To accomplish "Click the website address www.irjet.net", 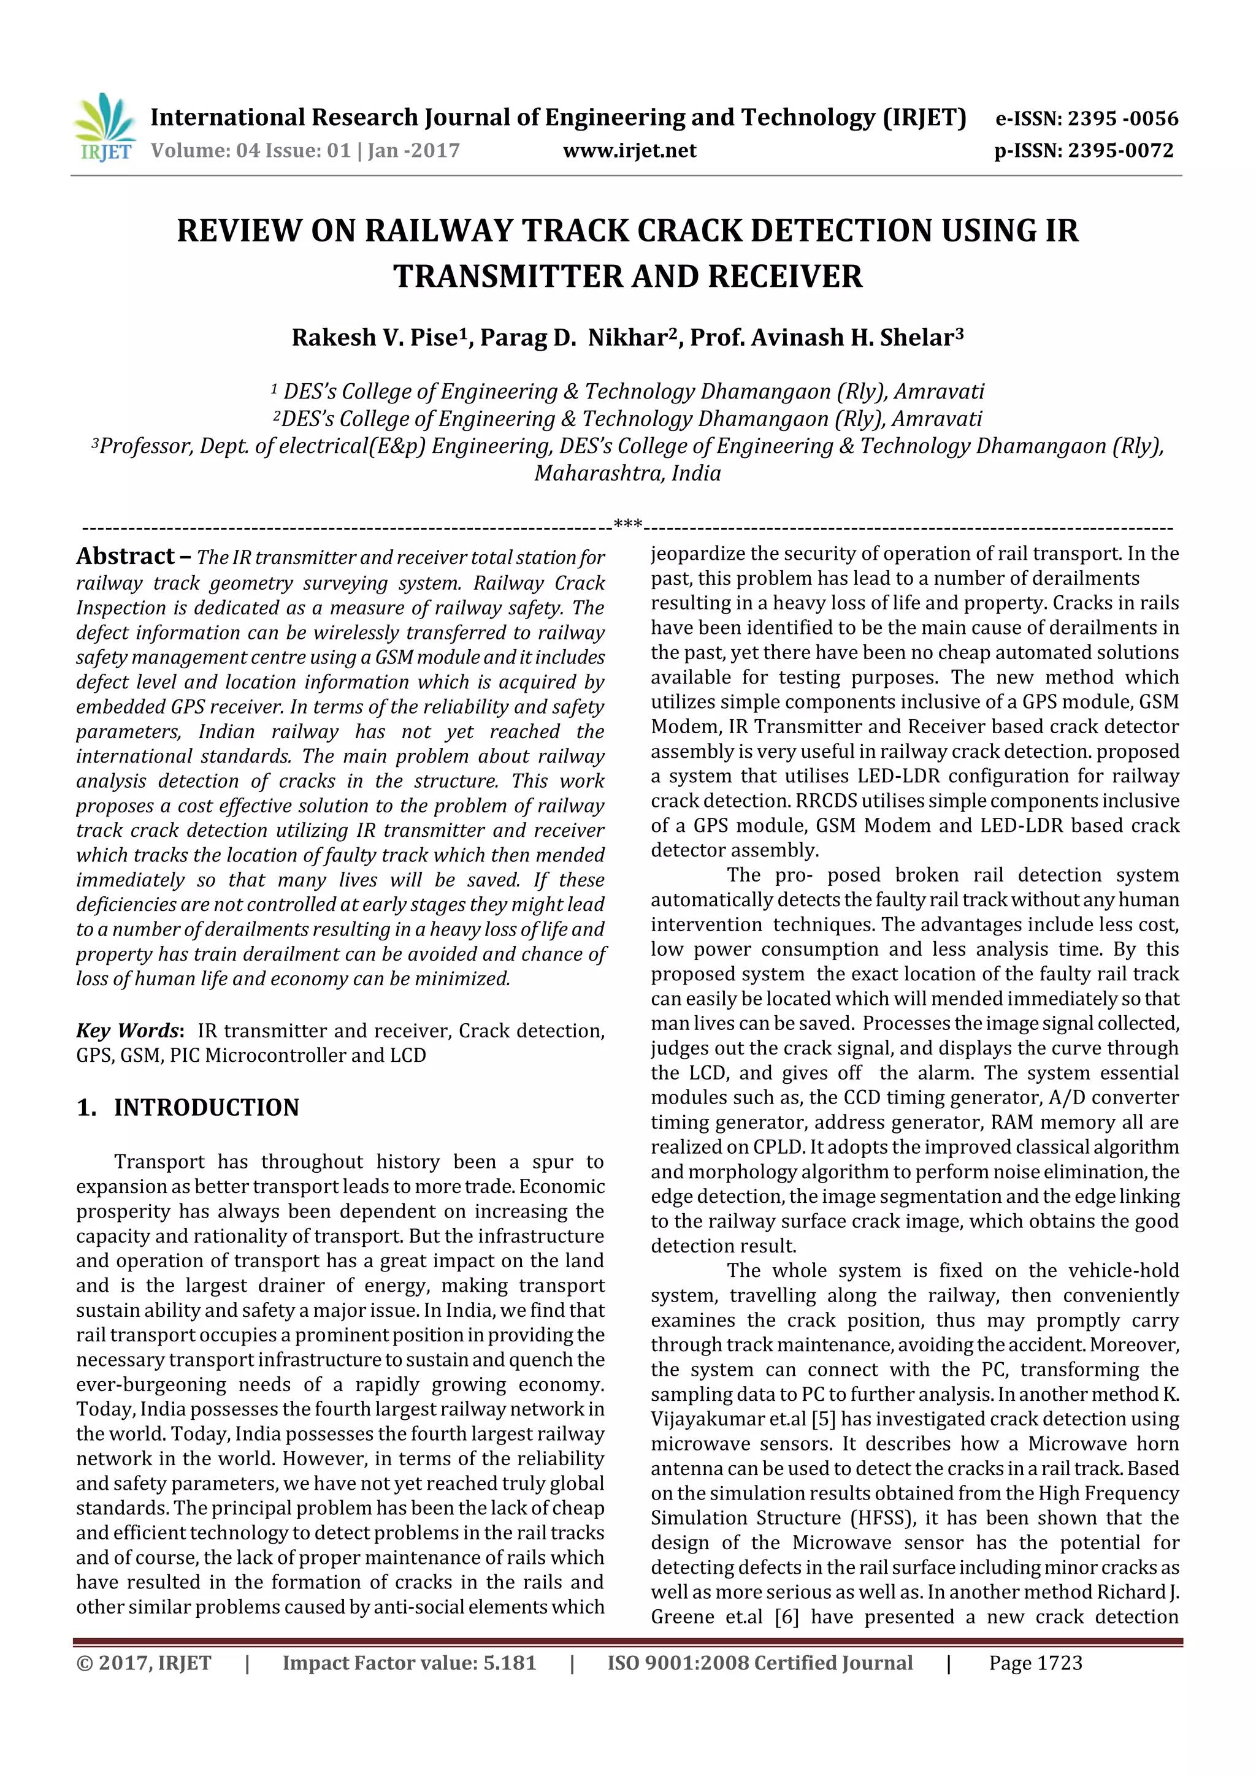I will point(629,151).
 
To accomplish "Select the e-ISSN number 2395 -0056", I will point(1122,118).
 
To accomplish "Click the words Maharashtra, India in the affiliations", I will point(627,473).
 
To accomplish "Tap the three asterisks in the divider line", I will point(627,524).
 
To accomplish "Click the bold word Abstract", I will point(125,556).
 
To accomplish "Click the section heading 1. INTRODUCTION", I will point(188,1108).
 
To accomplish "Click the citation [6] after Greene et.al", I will point(786,1617).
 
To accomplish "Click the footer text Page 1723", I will point(1035,1664).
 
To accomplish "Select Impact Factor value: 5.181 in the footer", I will point(410,1664).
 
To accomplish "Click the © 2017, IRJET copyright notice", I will point(144,1664).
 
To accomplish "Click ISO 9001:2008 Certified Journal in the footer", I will point(759,1664).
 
